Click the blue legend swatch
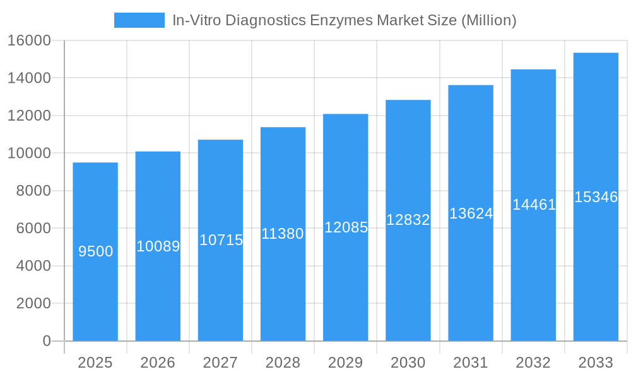(139, 20)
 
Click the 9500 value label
(95, 251)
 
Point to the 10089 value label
(158, 246)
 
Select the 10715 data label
(221, 240)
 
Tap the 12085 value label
(346, 227)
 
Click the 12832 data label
(408, 220)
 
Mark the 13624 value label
(471, 214)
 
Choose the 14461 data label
(533, 205)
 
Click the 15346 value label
(596, 197)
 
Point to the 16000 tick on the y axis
(29, 40)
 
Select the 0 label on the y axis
(46, 341)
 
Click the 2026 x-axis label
(158, 363)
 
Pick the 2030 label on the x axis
(408, 363)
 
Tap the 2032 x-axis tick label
(533, 363)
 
